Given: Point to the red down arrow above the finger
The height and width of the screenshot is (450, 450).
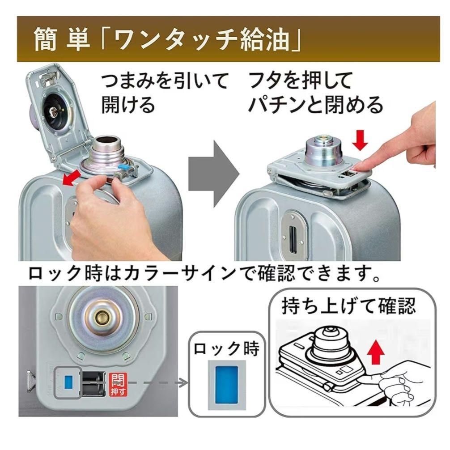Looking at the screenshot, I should (x=361, y=140).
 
